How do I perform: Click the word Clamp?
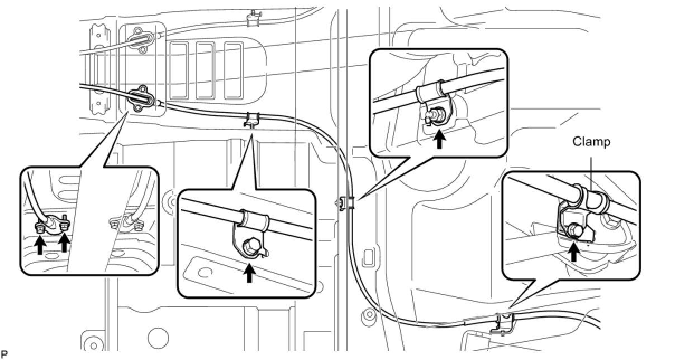pyautogui.click(x=592, y=142)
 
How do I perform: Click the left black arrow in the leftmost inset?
pyautogui.click(x=40, y=244)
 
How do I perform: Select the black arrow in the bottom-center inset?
pyautogui.click(x=249, y=273)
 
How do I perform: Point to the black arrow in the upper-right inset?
pyautogui.click(x=440, y=139)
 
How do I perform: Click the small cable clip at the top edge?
pyautogui.click(x=254, y=18)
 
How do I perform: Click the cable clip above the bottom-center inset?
pyautogui.click(x=252, y=120)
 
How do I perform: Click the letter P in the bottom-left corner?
pyautogui.click(x=4, y=355)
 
